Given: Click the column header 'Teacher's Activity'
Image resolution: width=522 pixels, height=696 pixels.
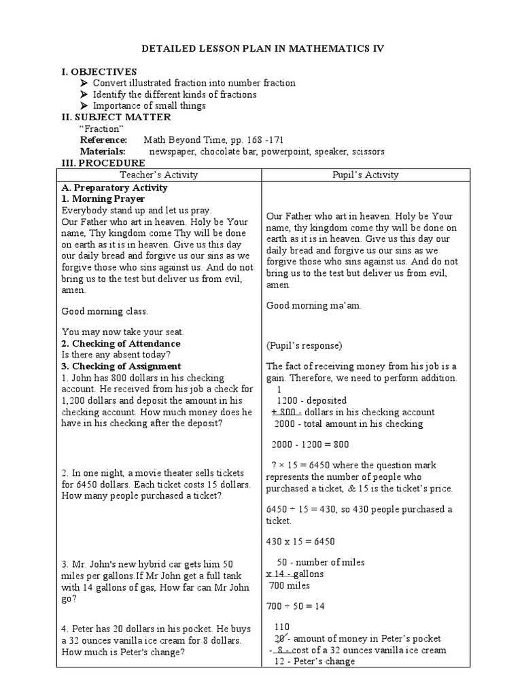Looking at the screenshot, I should coord(158,175).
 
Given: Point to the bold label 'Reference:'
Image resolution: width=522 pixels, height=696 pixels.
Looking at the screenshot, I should coord(104,140).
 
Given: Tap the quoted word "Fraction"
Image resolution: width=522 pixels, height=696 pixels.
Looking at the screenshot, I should coord(101,128).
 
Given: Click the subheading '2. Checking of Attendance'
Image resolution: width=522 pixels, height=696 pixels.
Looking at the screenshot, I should coord(122,344).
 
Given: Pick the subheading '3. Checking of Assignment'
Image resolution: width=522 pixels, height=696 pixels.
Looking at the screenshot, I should coord(122,366).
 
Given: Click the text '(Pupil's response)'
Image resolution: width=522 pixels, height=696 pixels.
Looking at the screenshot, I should coord(304,345).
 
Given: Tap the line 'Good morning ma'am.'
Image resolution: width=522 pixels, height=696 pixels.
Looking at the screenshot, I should coord(313,305).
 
